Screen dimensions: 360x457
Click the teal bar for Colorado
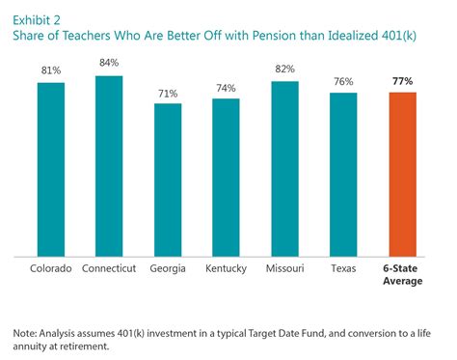[51, 170]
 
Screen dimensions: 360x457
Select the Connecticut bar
[109, 166]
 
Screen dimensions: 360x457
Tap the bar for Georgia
[168, 180]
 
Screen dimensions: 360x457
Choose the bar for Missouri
[284, 169]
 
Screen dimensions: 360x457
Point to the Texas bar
[342, 175]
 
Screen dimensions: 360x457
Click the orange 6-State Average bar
[401, 175]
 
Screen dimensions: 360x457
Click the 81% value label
[51, 71]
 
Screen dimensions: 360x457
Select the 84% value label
[109, 65]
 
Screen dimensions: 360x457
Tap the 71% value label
[168, 93]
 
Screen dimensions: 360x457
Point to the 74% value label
[226, 88]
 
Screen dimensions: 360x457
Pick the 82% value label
[284, 70]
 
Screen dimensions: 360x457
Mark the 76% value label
[342, 82]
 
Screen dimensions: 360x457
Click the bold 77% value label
[401, 81]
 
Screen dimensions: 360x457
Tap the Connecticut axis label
[109, 267]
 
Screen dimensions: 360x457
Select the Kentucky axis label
[226, 267]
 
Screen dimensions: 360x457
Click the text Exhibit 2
[37, 13]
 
